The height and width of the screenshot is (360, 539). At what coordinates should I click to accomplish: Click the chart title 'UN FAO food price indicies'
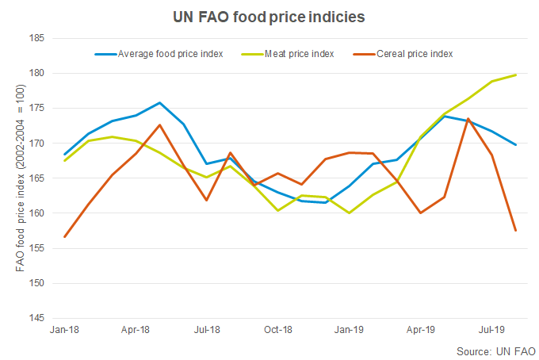tap(269, 15)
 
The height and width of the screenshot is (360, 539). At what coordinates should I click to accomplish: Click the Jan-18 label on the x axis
tap(64, 329)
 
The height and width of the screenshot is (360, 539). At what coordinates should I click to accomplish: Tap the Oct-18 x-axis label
tap(278, 329)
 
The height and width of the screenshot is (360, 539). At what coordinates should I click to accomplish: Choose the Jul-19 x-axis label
tap(493, 329)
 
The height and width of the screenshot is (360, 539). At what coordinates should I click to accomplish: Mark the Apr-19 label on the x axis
tap(421, 329)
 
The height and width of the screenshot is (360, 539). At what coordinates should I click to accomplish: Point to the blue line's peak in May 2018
tap(159, 102)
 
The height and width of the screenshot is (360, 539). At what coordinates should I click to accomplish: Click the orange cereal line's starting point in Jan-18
tap(64, 236)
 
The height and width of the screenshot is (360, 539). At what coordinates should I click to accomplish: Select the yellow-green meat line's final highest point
tap(516, 75)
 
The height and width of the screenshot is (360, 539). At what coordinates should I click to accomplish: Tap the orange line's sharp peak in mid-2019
tap(468, 119)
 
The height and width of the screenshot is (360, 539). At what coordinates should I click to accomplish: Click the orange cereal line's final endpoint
tap(516, 231)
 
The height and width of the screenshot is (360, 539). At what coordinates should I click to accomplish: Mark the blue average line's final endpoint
tap(516, 144)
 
